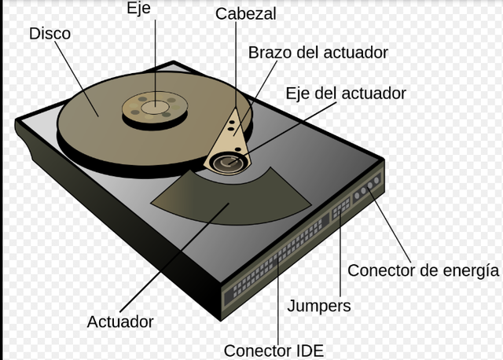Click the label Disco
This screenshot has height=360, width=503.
(49, 34)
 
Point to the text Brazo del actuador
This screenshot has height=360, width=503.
(318, 53)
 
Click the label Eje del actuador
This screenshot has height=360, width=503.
(347, 93)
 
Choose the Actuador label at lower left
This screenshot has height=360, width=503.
(120, 321)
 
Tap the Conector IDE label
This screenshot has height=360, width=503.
(273, 351)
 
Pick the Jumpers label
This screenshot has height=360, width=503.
(318, 305)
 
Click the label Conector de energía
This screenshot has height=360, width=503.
(423, 270)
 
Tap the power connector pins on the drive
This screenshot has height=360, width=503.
(366, 189)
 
